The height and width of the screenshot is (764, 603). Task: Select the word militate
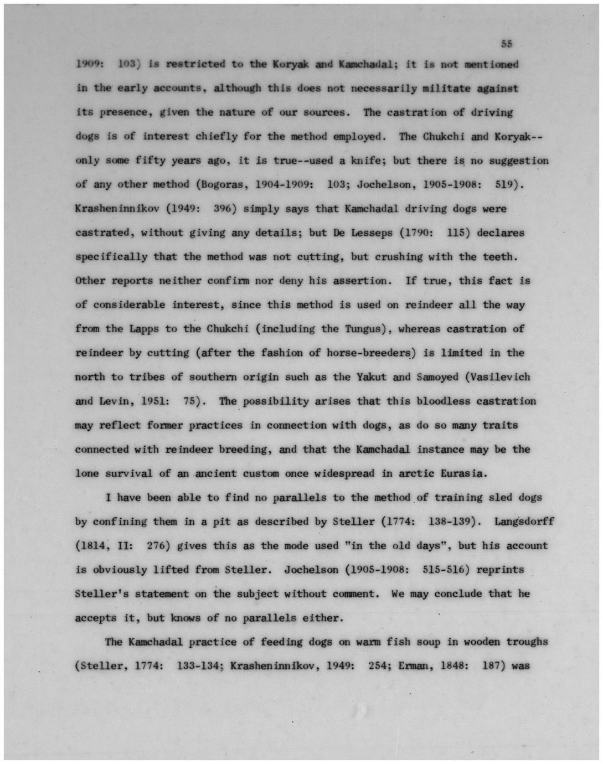[x=447, y=89]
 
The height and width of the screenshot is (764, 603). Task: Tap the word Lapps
[x=144, y=329]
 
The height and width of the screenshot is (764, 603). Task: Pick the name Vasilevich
[x=501, y=377]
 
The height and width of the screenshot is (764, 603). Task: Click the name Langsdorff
[x=524, y=522]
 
